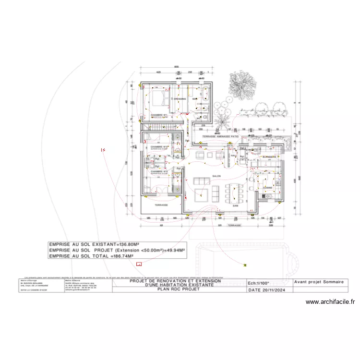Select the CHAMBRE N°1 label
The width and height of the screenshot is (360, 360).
tap(159, 115)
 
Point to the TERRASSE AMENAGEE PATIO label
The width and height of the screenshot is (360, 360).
tap(221, 137)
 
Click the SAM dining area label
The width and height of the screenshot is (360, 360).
tap(236, 205)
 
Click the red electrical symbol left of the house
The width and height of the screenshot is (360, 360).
tap(103, 150)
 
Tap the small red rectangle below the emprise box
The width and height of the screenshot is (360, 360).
tap(139, 264)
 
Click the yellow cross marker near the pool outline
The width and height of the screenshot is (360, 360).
tap(245, 264)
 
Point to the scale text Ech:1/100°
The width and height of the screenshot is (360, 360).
tap(258, 284)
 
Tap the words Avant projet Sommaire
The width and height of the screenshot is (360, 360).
tap(318, 283)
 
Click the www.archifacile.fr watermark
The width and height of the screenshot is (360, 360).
tap(330, 302)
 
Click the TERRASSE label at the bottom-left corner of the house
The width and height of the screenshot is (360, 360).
tap(161, 205)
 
